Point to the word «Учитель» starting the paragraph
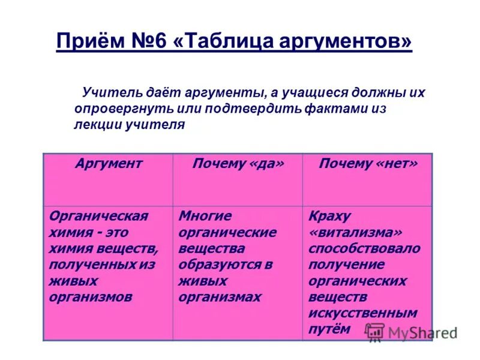click(x=106, y=93)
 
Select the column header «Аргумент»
click(x=109, y=163)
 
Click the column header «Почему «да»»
click(x=238, y=164)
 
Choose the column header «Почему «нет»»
click(x=367, y=164)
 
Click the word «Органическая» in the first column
click(x=98, y=216)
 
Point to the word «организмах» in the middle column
click(x=220, y=297)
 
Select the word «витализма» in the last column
click(x=355, y=232)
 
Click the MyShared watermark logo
click(x=412, y=332)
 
